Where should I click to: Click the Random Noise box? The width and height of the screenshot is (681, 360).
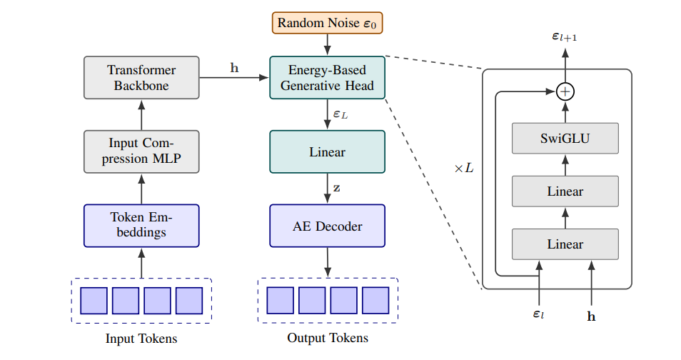click(x=327, y=23)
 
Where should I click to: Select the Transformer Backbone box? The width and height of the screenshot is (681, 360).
click(x=141, y=77)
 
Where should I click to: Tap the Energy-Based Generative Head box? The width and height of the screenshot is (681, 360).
click(x=327, y=78)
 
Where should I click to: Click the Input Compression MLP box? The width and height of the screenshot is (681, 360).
click(x=141, y=151)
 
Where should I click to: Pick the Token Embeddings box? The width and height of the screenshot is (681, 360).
click(x=141, y=225)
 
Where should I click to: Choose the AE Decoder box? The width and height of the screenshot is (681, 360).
click(x=327, y=226)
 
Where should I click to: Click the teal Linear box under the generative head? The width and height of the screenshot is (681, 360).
click(x=327, y=151)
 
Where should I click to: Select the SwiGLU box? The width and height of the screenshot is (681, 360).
click(x=565, y=138)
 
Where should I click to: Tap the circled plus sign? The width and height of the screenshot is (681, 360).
click(x=565, y=91)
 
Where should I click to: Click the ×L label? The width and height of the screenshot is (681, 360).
click(x=463, y=169)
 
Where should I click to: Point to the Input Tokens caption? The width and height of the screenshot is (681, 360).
click(x=141, y=339)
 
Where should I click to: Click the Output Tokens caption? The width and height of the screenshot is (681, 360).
click(x=328, y=338)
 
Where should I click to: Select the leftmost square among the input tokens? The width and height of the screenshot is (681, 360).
click(x=94, y=300)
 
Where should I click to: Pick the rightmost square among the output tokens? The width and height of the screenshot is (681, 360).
click(x=375, y=300)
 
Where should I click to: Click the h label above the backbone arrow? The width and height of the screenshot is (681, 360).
click(x=234, y=68)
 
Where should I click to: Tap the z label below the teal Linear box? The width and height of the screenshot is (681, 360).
click(x=336, y=189)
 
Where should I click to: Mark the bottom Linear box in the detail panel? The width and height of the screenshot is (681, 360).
click(x=565, y=244)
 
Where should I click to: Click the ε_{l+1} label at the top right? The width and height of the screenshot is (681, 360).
click(x=565, y=35)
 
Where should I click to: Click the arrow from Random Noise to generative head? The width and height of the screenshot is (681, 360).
click(x=327, y=45)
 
